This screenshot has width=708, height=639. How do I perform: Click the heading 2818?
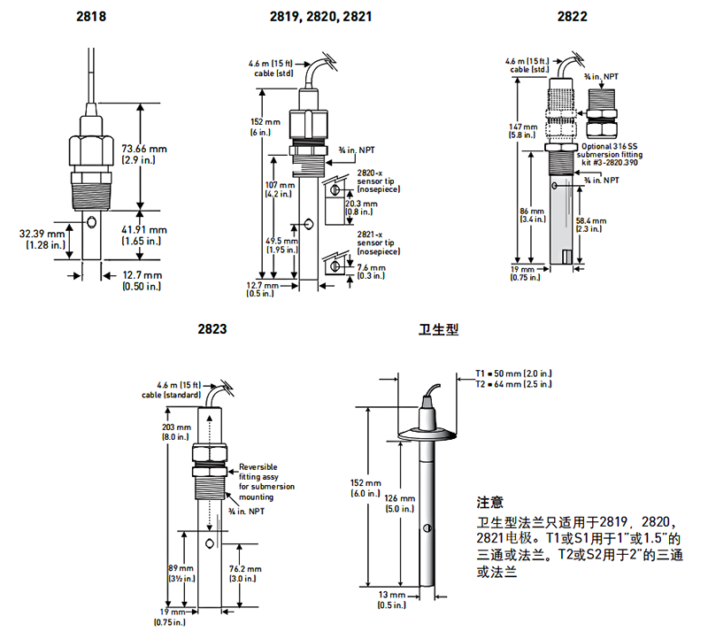92,16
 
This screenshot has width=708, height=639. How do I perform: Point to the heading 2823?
213,328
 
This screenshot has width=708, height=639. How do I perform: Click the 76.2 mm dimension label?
244,569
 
